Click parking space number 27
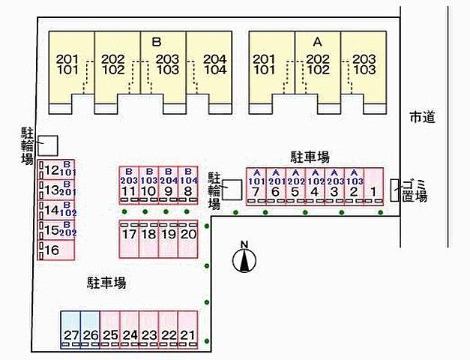[70, 330]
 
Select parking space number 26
[90, 330]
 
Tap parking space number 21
[187, 330]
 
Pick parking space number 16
[57, 250]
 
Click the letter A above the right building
[316, 41]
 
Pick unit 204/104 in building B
[214, 65]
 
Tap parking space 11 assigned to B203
[129, 185]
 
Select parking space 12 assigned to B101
[57, 170]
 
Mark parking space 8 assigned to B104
[187, 185]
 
